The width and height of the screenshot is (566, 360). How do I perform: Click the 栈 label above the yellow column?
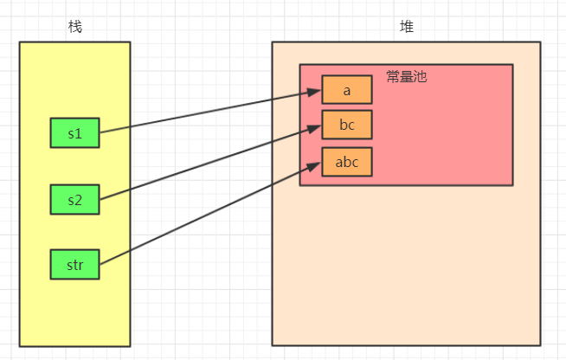[x=75, y=26]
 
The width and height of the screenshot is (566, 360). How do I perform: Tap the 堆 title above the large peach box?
[x=406, y=26]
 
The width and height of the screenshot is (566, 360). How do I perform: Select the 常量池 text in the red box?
[x=407, y=77]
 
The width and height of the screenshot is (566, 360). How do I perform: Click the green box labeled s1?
[x=74, y=133]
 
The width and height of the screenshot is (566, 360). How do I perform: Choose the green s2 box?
[x=74, y=200]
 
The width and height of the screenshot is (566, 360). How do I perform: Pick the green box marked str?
[x=74, y=264]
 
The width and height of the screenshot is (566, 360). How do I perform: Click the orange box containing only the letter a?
[x=347, y=89]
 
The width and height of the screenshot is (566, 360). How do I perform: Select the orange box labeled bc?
[x=347, y=125]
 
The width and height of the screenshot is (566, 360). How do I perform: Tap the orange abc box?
[x=347, y=161]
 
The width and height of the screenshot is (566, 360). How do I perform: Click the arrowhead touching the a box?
[x=316, y=93]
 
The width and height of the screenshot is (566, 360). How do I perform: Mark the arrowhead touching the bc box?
[x=316, y=128]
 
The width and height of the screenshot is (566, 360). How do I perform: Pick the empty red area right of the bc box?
[x=441, y=125]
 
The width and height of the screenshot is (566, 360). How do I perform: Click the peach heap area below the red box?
[x=407, y=268]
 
